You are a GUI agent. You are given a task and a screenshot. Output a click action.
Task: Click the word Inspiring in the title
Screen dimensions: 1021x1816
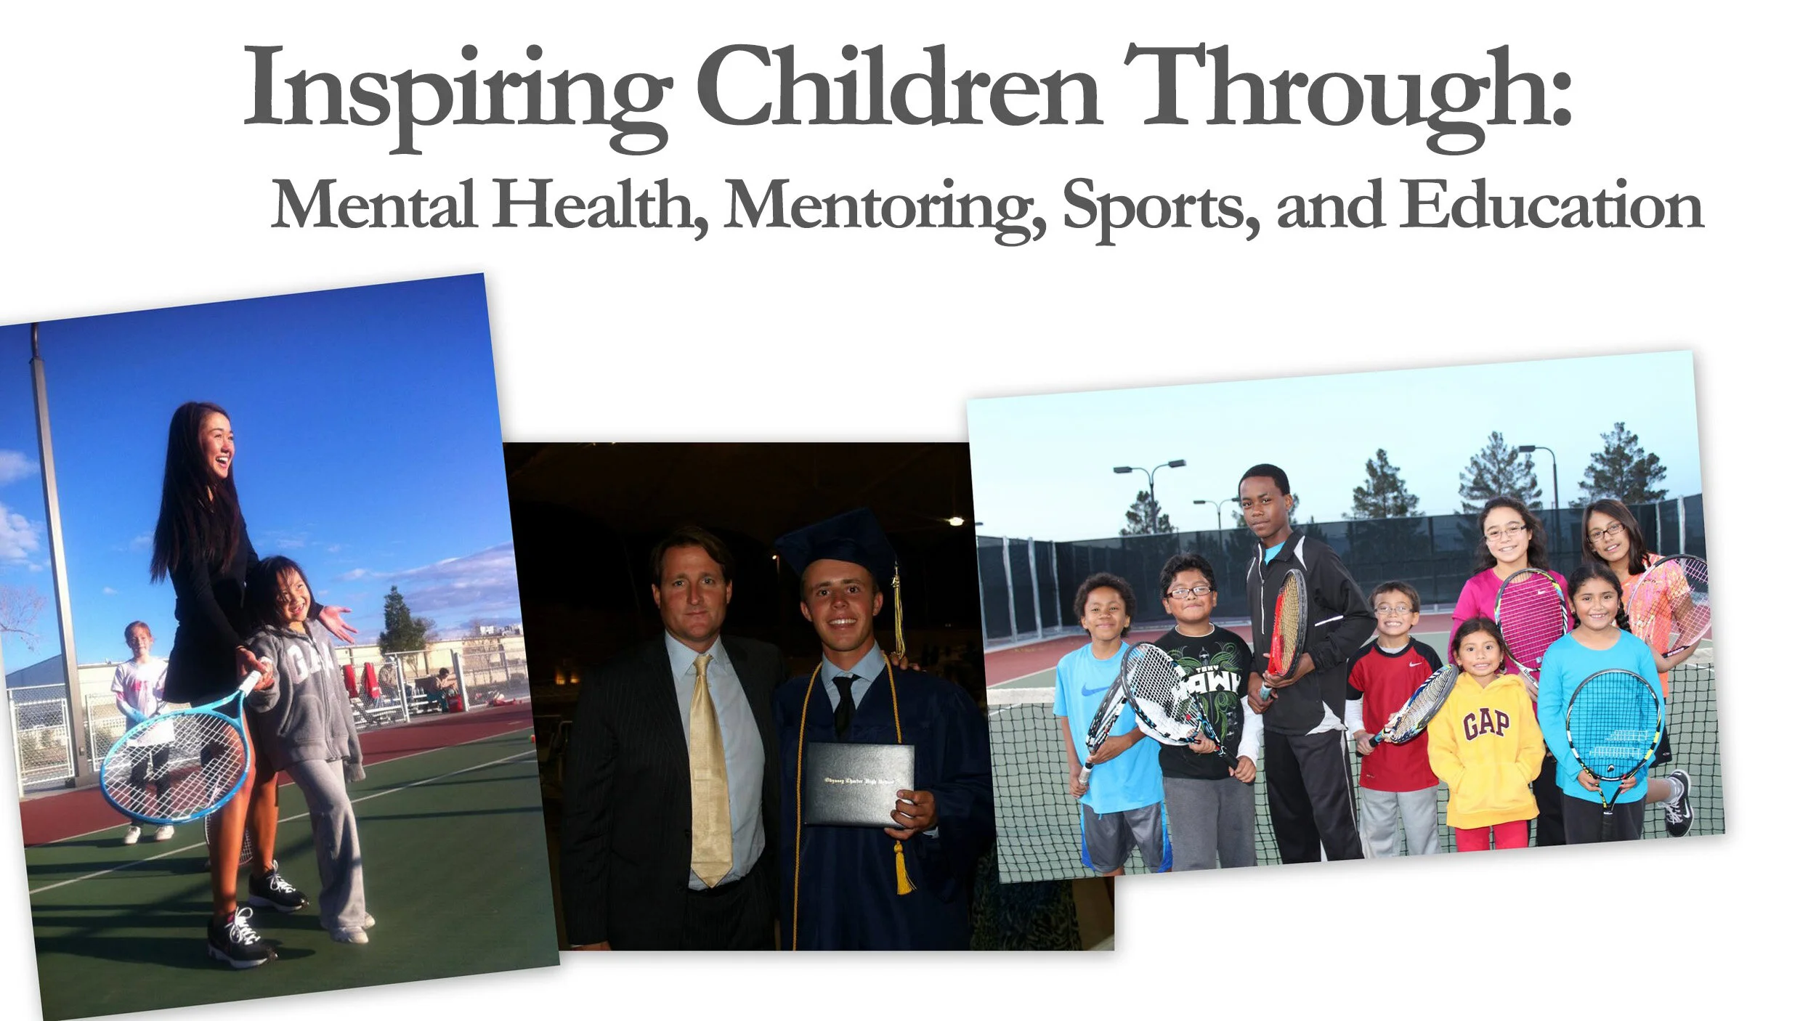point(456,91)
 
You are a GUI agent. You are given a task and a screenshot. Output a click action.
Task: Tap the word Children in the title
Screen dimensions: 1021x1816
point(899,87)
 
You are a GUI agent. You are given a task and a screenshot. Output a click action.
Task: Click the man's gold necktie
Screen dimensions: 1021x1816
point(709,770)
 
